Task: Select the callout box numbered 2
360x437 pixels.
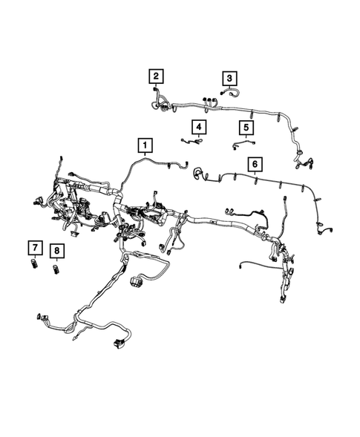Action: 156,76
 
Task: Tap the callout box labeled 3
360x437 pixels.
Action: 229,78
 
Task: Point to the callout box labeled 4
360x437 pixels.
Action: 198,126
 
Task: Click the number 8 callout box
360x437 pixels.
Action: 56,250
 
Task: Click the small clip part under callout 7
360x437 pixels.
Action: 34,264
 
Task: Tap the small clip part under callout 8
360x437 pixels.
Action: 56,268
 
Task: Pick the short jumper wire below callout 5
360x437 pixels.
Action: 240,145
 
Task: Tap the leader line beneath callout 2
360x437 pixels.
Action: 156,85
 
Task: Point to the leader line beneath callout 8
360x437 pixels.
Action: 56,260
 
